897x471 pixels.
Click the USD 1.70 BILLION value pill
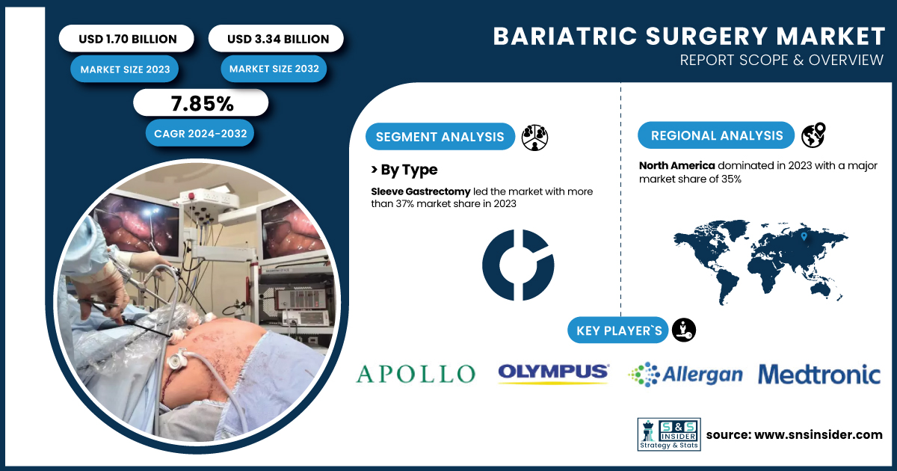[x=126, y=38]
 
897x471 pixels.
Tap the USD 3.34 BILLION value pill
[x=276, y=38]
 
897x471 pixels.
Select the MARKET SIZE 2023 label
[x=125, y=69]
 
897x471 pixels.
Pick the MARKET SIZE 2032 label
[x=274, y=69]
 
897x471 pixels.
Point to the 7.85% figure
[x=201, y=103]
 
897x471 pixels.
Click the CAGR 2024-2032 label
[x=200, y=133]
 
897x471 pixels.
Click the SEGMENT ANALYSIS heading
[x=440, y=137]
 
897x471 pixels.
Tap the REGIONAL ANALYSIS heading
[x=716, y=135]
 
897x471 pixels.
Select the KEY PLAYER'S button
[x=618, y=330]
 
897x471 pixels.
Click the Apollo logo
[x=416, y=374]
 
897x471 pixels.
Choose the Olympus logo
[x=554, y=374]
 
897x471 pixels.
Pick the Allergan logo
[x=685, y=375]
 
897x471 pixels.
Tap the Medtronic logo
[x=819, y=374]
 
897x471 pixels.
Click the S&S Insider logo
[x=669, y=434]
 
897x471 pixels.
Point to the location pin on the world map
[x=804, y=237]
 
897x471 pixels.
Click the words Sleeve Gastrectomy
[x=420, y=191]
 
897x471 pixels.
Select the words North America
[x=676, y=165]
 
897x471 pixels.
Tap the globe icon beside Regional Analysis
[x=813, y=135]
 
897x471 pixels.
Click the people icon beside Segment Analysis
[x=534, y=138]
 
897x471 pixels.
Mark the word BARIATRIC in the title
[x=565, y=37]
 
